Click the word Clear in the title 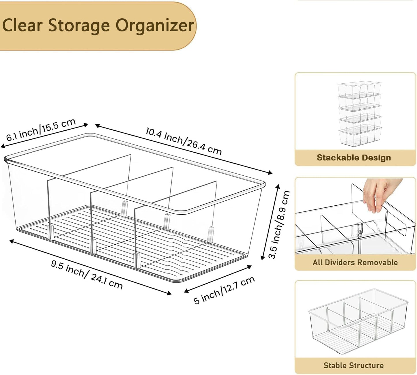tap(22, 25)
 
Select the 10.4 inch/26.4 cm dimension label tap(184, 141)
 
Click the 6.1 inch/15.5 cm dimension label tap(41, 130)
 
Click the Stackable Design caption tap(354, 157)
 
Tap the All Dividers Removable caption tap(355, 262)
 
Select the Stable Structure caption tap(354, 365)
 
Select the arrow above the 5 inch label tap(218, 279)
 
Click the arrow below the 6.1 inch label tap(44, 136)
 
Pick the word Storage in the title tap(79, 25)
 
